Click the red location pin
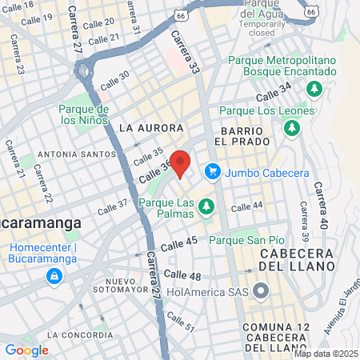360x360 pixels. pos(181,164)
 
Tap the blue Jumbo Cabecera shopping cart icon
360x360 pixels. pos(213,171)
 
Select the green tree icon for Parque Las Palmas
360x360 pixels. pos(207,207)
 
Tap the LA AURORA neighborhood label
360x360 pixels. pos(151,128)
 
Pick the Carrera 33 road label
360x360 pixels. pos(186,54)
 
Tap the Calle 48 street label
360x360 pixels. pos(182,275)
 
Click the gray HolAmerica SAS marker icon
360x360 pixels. pos(260,291)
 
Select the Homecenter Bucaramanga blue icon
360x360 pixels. pos(54,277)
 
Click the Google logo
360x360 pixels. pos(26,350)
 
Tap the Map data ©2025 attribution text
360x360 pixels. pos(326,354)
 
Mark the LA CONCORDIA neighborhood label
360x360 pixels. pos(74,334)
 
